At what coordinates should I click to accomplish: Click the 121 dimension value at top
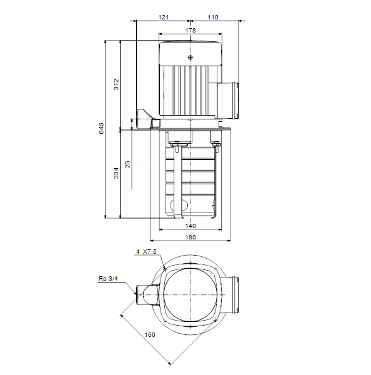click(164, 17)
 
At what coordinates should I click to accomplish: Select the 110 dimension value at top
click(213, 17)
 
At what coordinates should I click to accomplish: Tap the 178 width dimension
click(190, 31)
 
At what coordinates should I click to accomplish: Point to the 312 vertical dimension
click(116, 84)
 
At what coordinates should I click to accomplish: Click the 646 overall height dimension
click(102, 128)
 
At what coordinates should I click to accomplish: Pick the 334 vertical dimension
click(116, 173)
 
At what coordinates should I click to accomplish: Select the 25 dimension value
click(127, 164)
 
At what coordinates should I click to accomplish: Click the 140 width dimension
click(190, 226)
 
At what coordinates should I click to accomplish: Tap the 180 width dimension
click(190, 237)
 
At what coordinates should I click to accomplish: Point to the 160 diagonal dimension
click(150, 334)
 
